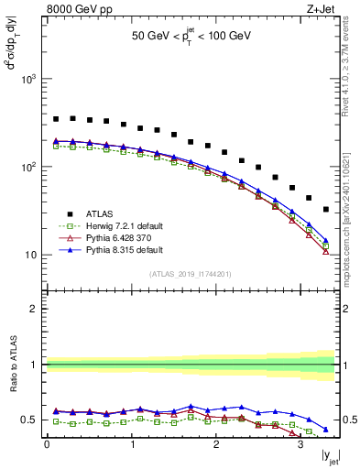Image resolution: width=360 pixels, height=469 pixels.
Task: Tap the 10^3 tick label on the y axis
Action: [x=29, y=80]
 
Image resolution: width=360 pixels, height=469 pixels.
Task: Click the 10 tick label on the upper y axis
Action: [x=32, y=255]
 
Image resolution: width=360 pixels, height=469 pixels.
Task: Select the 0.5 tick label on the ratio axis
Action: [x=32, y=420]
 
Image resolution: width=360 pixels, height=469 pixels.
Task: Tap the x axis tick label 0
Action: [x=47, y=445]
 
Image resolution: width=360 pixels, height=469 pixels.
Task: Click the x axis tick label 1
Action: [x=131, y=445]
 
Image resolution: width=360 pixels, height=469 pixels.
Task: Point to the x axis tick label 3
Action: [x=300, y=445]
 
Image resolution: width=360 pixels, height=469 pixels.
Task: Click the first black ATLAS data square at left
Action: [x=56, y=119]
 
